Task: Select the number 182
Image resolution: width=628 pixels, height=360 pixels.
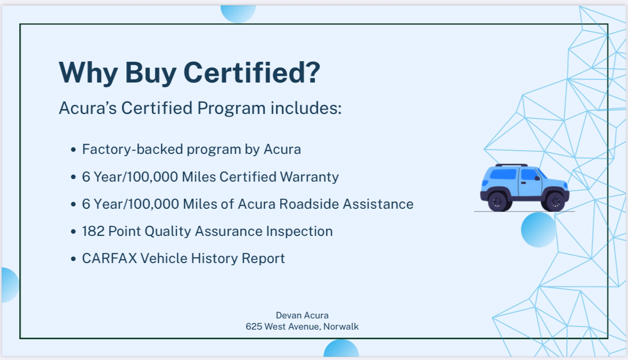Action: click(93, 231)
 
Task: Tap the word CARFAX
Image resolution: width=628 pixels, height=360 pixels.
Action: click(109, 258)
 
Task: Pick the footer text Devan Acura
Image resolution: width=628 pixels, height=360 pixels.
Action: click(302, 315)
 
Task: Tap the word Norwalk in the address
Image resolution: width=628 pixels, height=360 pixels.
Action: click(341, 326)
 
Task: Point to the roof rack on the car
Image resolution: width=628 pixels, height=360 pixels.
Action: click(511, 166)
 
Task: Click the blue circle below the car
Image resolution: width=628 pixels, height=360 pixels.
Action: click(539, 230)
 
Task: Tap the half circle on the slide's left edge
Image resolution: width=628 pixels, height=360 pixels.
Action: click(9, 285)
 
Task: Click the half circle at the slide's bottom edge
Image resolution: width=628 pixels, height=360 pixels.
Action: click(341, 350)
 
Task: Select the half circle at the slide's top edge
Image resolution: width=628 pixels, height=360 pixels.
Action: click(238, 13)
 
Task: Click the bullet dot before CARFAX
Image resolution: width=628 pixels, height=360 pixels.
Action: click(74, 259)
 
